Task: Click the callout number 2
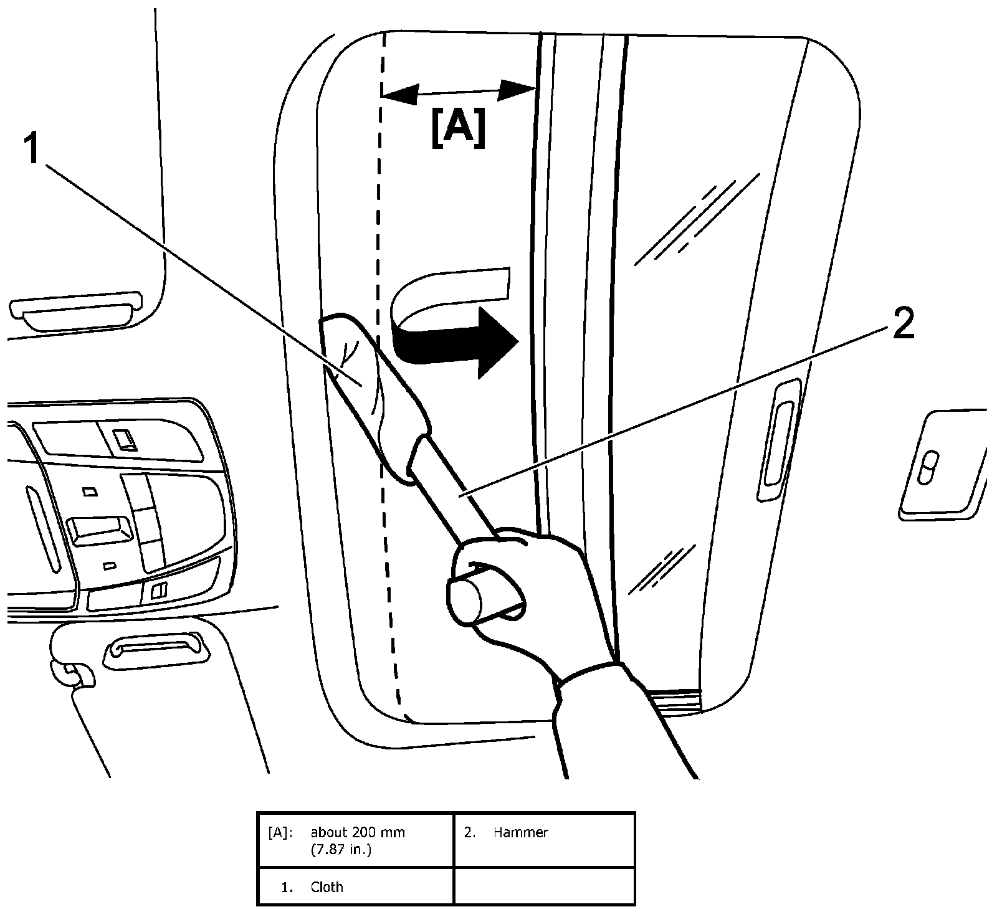tap(904, 325)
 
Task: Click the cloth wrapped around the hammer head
tap(368, 386)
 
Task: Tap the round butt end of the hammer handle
tap(464, 599)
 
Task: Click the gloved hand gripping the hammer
tap(536, 598)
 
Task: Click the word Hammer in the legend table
tap(520, 832)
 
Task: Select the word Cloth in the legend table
tap(327, 886)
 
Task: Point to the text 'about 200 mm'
tap(358, 832)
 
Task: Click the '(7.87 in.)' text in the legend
tap(341, 850)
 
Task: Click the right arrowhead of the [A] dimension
tap(517, 90)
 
